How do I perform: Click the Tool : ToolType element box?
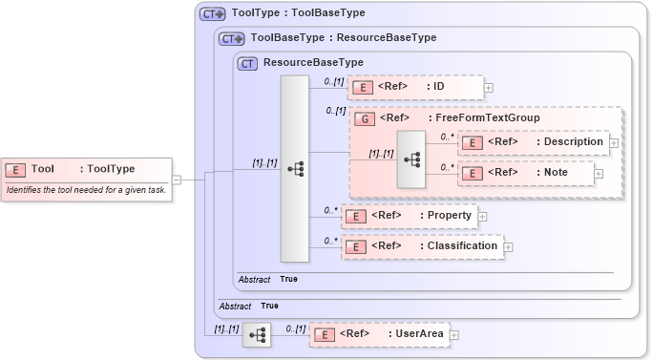(87, 169)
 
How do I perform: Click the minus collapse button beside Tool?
(177, 179)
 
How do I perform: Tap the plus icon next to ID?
(488, 88)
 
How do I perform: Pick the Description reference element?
(533, 142)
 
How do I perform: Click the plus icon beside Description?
(614, 142)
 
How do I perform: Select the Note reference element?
(526, 173)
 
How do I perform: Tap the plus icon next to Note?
(599, 173)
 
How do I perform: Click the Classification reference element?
(421, 246)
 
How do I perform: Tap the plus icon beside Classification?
(508, 247)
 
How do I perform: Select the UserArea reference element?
(379, 334)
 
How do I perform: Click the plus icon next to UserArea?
(453, 335)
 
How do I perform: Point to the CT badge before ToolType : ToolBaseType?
(212, 14)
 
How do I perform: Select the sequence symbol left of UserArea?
(257, 334)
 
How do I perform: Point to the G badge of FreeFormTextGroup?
(364, 118)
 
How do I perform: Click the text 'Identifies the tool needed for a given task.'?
(85, 190)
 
